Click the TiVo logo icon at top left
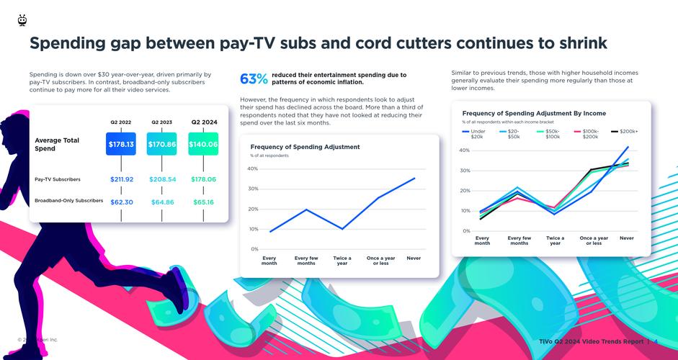pos(22,20)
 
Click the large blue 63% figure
pos(254,78)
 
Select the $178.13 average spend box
pos(121,144)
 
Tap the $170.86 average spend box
pos(162,144)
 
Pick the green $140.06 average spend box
pos(203,144)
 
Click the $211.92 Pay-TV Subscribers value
pos(121,179)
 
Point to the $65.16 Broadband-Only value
pos(203,202)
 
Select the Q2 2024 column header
pos(204,122)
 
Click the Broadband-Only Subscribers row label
pos(68,201)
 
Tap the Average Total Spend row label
pos(57,144)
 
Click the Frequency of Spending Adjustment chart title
pos(305,147)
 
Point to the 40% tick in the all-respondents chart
pos(253,168)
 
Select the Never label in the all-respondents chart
pos(414,258)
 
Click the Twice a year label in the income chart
pos(555,240)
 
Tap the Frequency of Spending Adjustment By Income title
pos(534,113)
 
